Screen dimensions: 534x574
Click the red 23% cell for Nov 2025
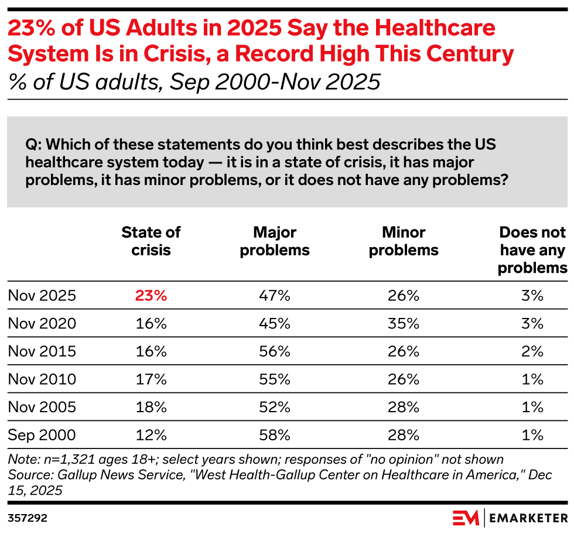(x=151, y=296)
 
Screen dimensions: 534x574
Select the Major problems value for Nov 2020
(x=275, y=324)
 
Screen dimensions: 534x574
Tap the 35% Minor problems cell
(x=404, y=324)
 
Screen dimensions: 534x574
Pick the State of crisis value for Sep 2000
(x=151, y=436)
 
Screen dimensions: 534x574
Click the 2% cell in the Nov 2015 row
(x=532, y=351)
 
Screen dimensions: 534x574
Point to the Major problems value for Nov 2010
(x=275, y=379)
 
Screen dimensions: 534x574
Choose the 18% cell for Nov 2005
(x=151, y=408)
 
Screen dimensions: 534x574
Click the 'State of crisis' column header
(x=151, y=241)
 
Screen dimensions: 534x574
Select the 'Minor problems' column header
(x=404, y=241)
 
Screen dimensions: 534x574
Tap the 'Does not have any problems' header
(x=532, y=250)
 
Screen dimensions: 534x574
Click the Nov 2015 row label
(x=42, y=351)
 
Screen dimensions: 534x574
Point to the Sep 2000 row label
(x=42, y=436)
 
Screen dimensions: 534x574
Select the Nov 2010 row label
(x=42, y=379)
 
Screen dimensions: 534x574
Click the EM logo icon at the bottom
(x=466, y=518)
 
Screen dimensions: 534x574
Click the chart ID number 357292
(x=27, y=518)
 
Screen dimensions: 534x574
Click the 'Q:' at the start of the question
(x=33, y=144)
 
